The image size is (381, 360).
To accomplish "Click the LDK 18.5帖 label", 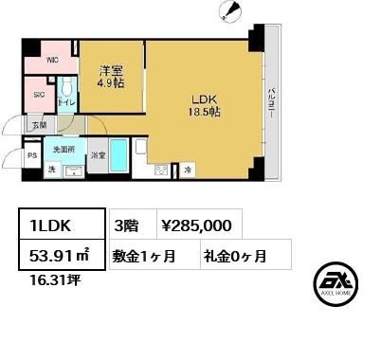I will click(x=203, y=103).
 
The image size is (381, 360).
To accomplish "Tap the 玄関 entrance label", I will click(x=39, y=125).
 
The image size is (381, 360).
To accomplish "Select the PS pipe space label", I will click(x=31, y=157).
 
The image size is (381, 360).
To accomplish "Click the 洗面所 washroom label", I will click(x=64, y=151).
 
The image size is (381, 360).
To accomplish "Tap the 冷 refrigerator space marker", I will click(x=187, y=171).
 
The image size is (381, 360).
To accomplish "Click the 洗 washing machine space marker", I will click(x=51, y=170).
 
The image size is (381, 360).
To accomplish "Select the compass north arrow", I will click(x=228, y=11).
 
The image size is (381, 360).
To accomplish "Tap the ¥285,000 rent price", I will click(x=195, y=225).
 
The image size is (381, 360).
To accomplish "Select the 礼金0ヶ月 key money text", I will click(x=233, y=255).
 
